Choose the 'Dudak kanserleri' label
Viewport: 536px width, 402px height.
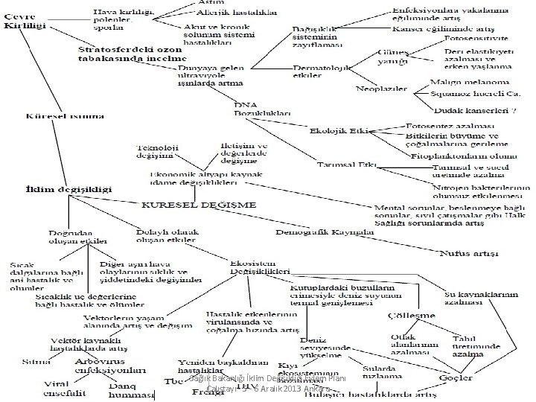470,109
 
